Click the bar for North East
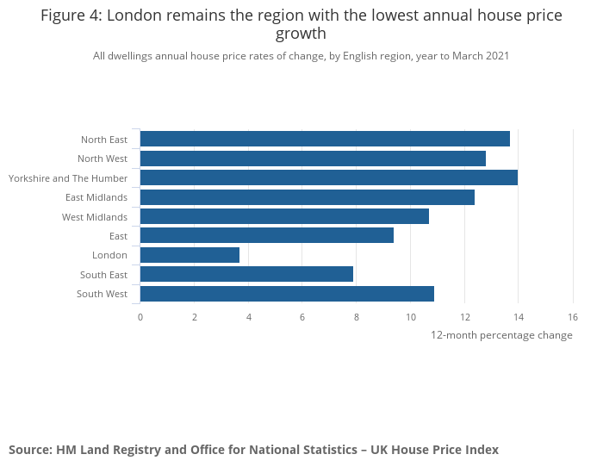pos(325,139)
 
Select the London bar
pos(190,255)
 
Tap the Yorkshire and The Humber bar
pos(328,177)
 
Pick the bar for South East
pos(246,274)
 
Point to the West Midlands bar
pos(284,216)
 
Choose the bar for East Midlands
pos(307,197)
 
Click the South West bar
pos(287,294)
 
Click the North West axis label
pos(103,159)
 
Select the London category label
pos(109,255)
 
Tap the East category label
pos(118,236)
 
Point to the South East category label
pos(104,275)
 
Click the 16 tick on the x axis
pos(573,317)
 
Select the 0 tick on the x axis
pos(140,317)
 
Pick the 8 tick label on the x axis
pos(357,317)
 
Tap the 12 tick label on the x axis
pos(464,317)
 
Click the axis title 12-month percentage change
pos(501,335)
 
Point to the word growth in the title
pos(301,34)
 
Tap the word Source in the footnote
pos(30,450)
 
